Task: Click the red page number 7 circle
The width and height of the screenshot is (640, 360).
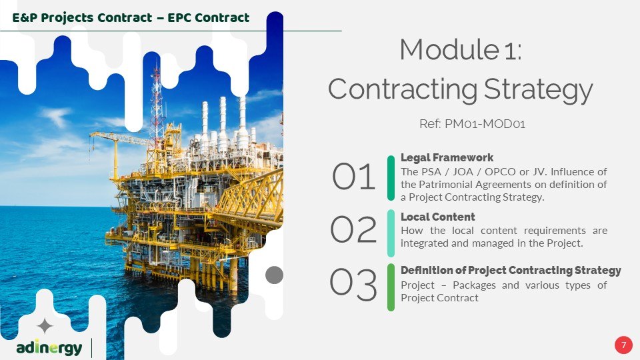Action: (x=623, y=345)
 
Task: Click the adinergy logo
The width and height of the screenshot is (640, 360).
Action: (x=49, y=348)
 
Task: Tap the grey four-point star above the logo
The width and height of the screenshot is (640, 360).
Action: (x=45, y=326)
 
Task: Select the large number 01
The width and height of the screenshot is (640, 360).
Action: (x=353, y=177)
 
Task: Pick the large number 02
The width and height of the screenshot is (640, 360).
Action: (x=353, y=229)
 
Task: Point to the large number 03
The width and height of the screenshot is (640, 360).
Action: (x=353, y=284)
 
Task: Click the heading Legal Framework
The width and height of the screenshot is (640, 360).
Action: (x=447, y=157)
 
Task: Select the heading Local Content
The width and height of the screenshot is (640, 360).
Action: (x=437, y=217)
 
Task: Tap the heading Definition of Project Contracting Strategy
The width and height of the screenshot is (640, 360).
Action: (x=511, y=270)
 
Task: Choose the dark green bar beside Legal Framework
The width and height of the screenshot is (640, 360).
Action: (x=391, y=178)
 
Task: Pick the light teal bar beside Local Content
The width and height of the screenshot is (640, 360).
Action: (x=391, y=233)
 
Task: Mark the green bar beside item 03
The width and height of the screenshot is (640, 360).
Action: (x=391, y=287)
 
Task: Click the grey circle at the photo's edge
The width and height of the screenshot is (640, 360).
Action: (x=274, y=275)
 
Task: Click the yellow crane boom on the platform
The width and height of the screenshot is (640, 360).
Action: (x=121, y=137)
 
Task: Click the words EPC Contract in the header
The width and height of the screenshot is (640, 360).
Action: (x=209, y=18)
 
